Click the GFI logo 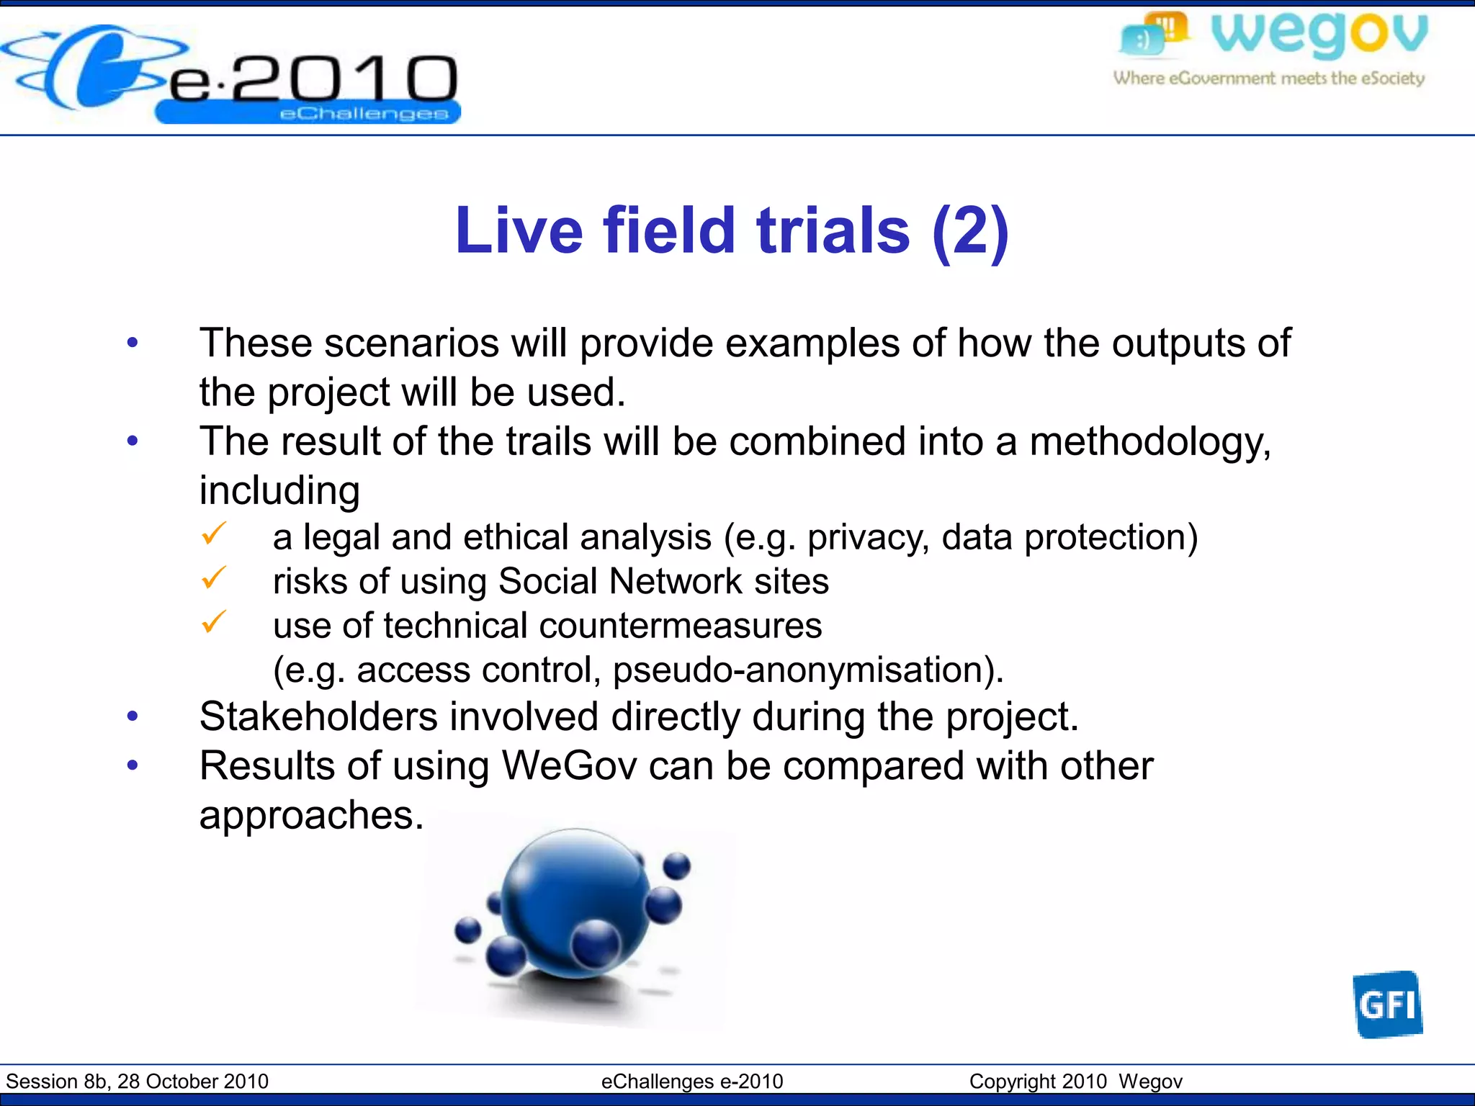point(1387,1004)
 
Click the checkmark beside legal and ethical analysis point(214,534)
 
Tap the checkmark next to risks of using point(214,578)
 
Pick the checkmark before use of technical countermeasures point(214,622)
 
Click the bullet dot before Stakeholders point(133,716)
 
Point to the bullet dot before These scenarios point(133,343)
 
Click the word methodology point(1149,442)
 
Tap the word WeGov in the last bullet point(569,765)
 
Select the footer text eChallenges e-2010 point(691,1082)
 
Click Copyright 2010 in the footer point(1037,1082)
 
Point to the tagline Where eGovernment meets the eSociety point(1269,78)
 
